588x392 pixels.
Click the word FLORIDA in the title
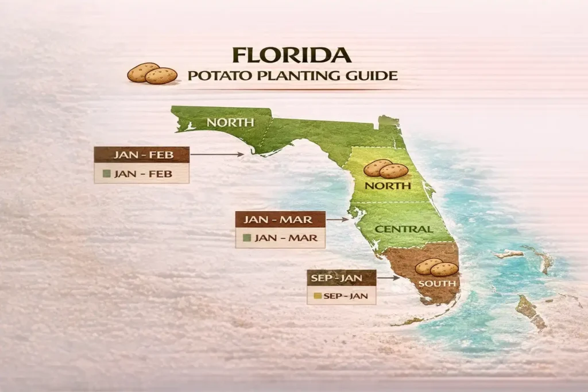(x=292, y=56)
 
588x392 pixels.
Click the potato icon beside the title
(x=152, y=73)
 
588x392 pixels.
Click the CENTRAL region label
(x=404, y=229)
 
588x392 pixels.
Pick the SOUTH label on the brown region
(x=438, y=284)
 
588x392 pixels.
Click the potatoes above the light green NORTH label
(x=386, y=168)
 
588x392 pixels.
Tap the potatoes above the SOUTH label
(x=437, y=267)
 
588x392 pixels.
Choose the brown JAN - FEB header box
(x=142, y=155)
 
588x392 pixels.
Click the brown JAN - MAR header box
(x=280, y=220)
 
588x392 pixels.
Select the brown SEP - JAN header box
(x=342, y=278)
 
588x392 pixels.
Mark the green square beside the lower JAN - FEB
(x=106, y=174)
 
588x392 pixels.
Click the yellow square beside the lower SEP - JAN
(x=315, y=297)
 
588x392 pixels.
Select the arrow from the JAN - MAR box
(x=338, y=220)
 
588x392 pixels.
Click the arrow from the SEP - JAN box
(x=389, y=278)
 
